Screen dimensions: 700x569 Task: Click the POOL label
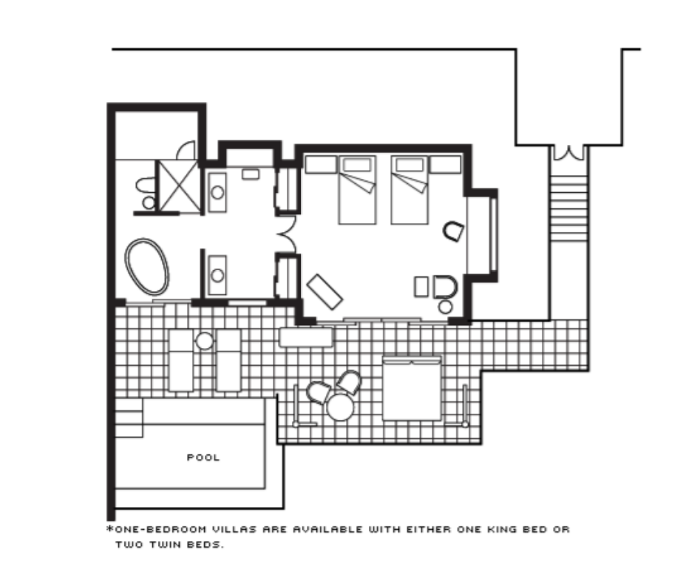[x=203, y=457]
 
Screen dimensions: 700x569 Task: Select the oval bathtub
[x=147, y=267]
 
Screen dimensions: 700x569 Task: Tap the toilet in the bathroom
[x=146, y=193]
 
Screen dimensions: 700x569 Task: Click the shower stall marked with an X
[x=179, y=186]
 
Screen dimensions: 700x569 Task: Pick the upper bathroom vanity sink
[x=217, y=192]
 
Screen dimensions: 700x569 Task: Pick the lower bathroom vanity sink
[x=217, y=275]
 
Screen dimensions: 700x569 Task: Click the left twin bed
[x=357, y=190]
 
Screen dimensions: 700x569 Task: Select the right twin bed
[x=410, y=190]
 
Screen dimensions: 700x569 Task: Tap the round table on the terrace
[x=340, y=407]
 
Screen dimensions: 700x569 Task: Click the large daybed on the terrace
[x=412, y=388]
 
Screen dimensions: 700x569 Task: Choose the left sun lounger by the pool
[x=181, y=361]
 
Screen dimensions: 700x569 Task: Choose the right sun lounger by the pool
[x=228, y=361]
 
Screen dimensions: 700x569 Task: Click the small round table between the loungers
[x=205, y=341]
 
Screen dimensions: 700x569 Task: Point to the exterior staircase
[x=568, y=208]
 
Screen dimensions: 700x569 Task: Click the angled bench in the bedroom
[x=324, y=292]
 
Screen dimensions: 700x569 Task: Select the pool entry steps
[x=129, y=418]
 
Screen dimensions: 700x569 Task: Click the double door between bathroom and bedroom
[x=287, y=234]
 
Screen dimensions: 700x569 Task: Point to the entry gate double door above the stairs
[x=568, y=153]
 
